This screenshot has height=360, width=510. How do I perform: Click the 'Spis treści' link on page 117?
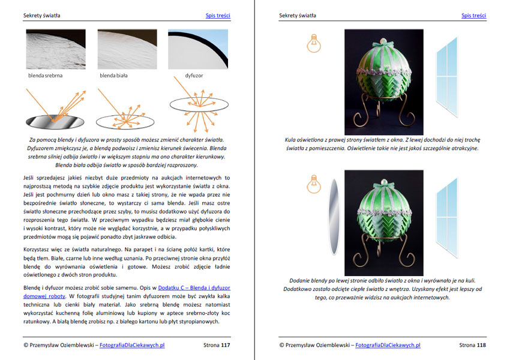(218, 16)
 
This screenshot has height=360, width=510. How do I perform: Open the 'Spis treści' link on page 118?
(473, 16)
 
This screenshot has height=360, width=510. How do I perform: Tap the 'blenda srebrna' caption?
(46, 76)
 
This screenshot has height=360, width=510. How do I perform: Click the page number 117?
(226, 345)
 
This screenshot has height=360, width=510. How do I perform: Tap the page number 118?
(481, 345)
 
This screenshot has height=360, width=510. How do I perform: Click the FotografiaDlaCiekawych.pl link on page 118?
(388, 345)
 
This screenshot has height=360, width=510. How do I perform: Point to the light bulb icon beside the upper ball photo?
(313, 41)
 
